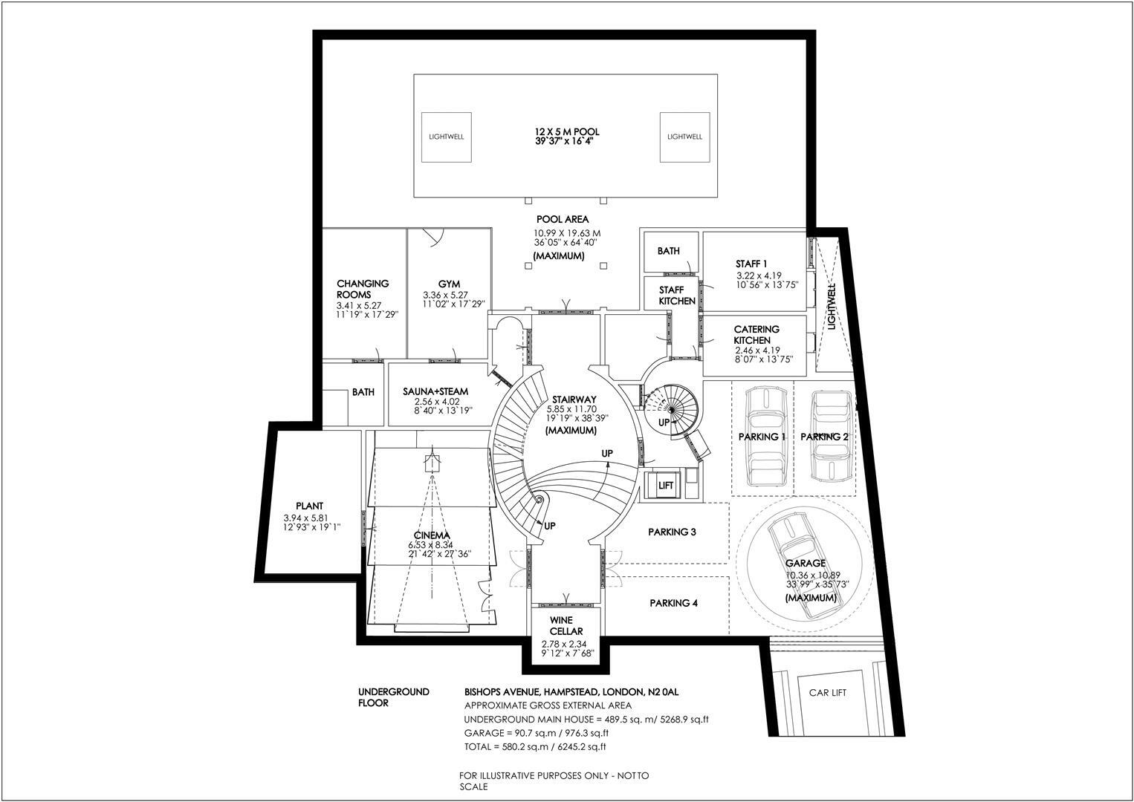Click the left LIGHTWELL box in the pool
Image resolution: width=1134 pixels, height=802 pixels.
pyautogui.click(x=446, y=137)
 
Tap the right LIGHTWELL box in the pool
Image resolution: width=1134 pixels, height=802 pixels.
pyautogui.click(x=684, y=137)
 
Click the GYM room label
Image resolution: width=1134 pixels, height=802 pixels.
pyautogui.click(x=449, y=284)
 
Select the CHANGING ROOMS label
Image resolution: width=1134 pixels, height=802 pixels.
pyautogui.click(x=363, y=289)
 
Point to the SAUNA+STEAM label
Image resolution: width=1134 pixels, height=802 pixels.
pyautogui.click(x=435, y=391)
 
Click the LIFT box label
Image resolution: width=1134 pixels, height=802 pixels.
pyautogui.click(x=666, y=486)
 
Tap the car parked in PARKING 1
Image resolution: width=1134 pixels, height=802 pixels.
pyautogui.click(x=762, y=436)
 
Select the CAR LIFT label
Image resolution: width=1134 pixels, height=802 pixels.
pyautogui.click(x=828, y=693)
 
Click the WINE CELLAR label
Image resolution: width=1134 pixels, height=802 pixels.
pyautogui.click(x=566, y=626)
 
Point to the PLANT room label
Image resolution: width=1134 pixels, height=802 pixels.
pyautogui.click(x=309, y=506)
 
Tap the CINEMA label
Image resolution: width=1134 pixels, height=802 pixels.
pyautogui.click(x=432, y=535)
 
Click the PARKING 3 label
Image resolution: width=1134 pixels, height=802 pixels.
pyautogui.click(x=672, y=532)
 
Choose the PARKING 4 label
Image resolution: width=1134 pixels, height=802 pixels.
pyautogui.click(x=673, y=603)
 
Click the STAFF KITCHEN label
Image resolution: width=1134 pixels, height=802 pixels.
pyautogui.click(x=677, y=296)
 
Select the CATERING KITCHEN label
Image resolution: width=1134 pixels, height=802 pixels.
pyautogui.click(x=756, y=334)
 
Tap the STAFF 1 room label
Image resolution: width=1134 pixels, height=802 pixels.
pyautogui.click(x=751, y=264)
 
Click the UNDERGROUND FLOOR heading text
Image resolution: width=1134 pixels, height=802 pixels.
pyautogui.click(x=394, y=697)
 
